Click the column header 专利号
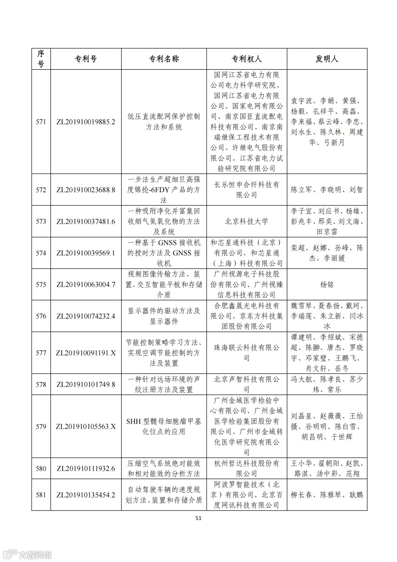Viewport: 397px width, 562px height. coord(86,59)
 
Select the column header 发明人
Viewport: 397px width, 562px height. coord(327,59)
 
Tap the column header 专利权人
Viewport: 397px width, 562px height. coord(246,59)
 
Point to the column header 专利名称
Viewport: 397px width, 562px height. coord(164,59)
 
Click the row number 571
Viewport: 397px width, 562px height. coord(41,122)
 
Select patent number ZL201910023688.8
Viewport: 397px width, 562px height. coord(86,190)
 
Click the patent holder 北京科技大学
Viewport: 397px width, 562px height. coord(246,222)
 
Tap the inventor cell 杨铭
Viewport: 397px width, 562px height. coord(327,284)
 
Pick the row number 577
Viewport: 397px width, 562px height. coord(41,353)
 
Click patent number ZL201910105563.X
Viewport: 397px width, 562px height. coord(86,427)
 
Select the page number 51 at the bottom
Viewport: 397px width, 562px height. coord(198,518)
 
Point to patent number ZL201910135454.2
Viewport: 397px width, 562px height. coord(86,495)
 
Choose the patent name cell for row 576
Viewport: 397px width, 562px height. coord(164,316)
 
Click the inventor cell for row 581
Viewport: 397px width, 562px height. coord(327,495)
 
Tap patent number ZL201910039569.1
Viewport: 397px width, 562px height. coord(86,253)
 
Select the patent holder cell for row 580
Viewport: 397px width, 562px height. coord(246,469)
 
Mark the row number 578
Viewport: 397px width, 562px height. coord(41,385)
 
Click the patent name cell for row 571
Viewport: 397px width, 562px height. coord(164,122)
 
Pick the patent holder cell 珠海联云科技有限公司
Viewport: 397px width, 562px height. coord(246,353)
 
